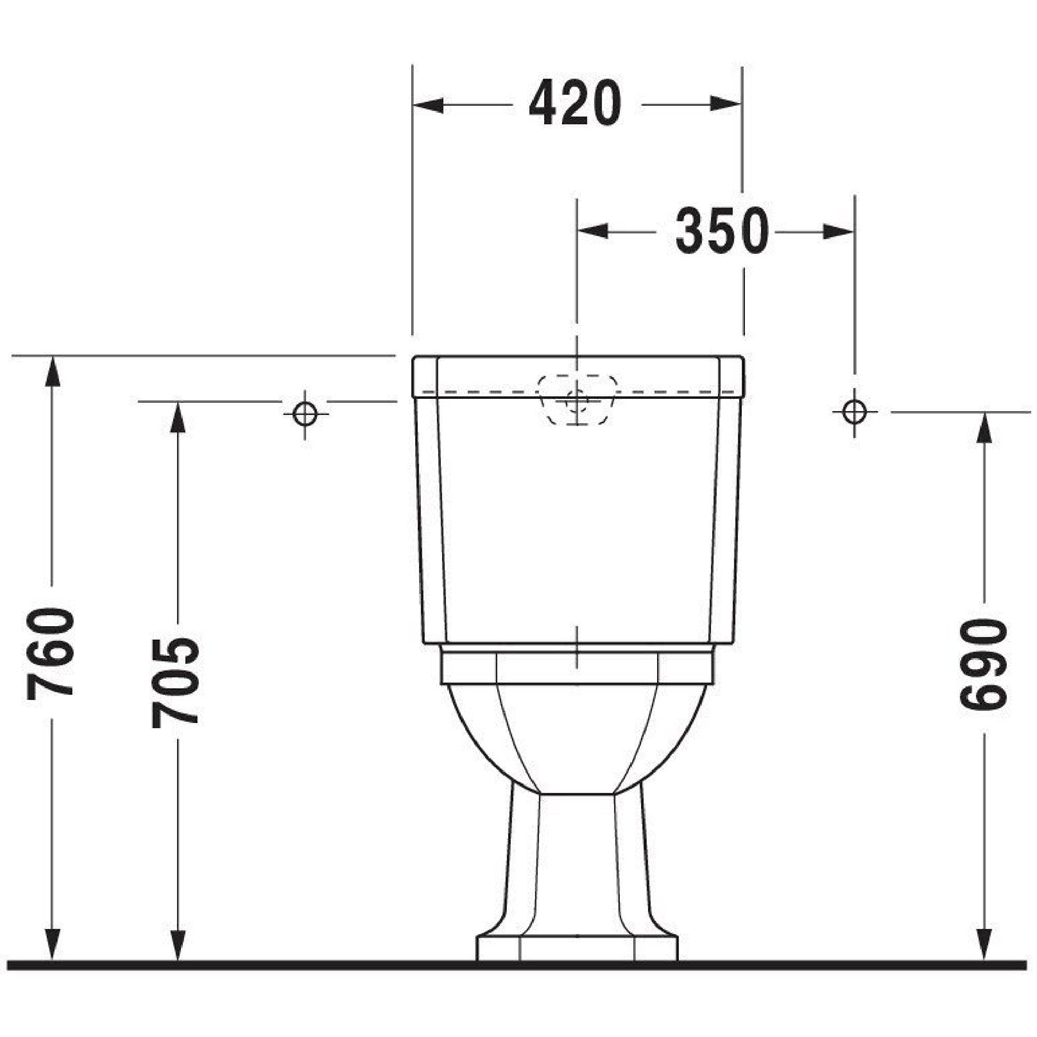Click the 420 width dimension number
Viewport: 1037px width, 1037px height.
(575, 103)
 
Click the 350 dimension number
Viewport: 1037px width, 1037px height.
(722, 231)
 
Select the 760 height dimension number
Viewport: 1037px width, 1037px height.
(50, 654)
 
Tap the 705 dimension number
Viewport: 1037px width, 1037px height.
(176, 683)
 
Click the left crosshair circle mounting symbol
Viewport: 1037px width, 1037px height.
(305, 414)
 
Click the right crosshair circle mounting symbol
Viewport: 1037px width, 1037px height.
(854, 412)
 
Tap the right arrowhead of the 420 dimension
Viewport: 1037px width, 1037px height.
(726, 104)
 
